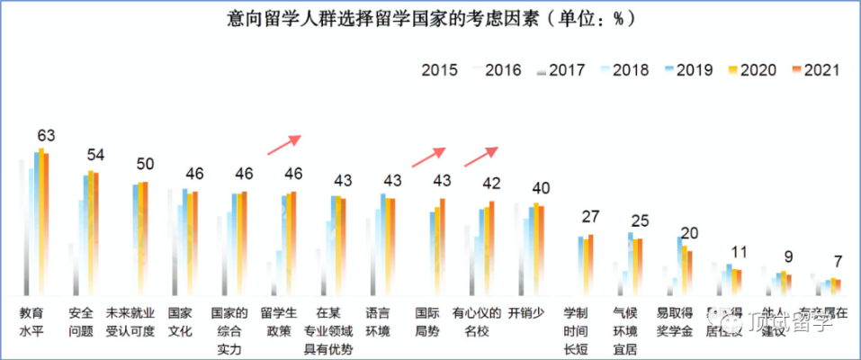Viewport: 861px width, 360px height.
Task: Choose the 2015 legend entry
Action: click(x=440, y=70)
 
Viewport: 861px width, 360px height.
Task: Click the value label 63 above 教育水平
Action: click(x=46, y=136)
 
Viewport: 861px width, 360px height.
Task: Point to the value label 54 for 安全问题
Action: click(x=94, y=155)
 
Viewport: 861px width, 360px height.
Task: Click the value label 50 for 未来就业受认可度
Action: click(x=144, y=164)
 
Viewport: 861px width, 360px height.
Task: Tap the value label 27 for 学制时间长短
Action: click(x=590, y=217)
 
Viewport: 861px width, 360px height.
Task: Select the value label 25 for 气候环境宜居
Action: click(x=640, y=220)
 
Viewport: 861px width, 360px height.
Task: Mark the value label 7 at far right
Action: click(x=838, y=262)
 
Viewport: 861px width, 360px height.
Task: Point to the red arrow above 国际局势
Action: click(x=428, y=157)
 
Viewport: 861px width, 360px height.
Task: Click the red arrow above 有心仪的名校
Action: click(x=480, y=157)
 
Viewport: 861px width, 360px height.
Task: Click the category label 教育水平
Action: click(x=34, y=322)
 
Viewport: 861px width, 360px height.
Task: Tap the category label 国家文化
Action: click(x=180, y=322)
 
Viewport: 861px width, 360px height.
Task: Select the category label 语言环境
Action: click(x=378, y=322)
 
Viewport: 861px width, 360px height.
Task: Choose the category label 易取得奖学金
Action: click(x=674, y=322)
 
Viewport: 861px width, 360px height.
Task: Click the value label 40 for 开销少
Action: click(x=541, y=188)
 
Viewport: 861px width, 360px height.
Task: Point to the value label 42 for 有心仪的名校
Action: click(x=491, y=183)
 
